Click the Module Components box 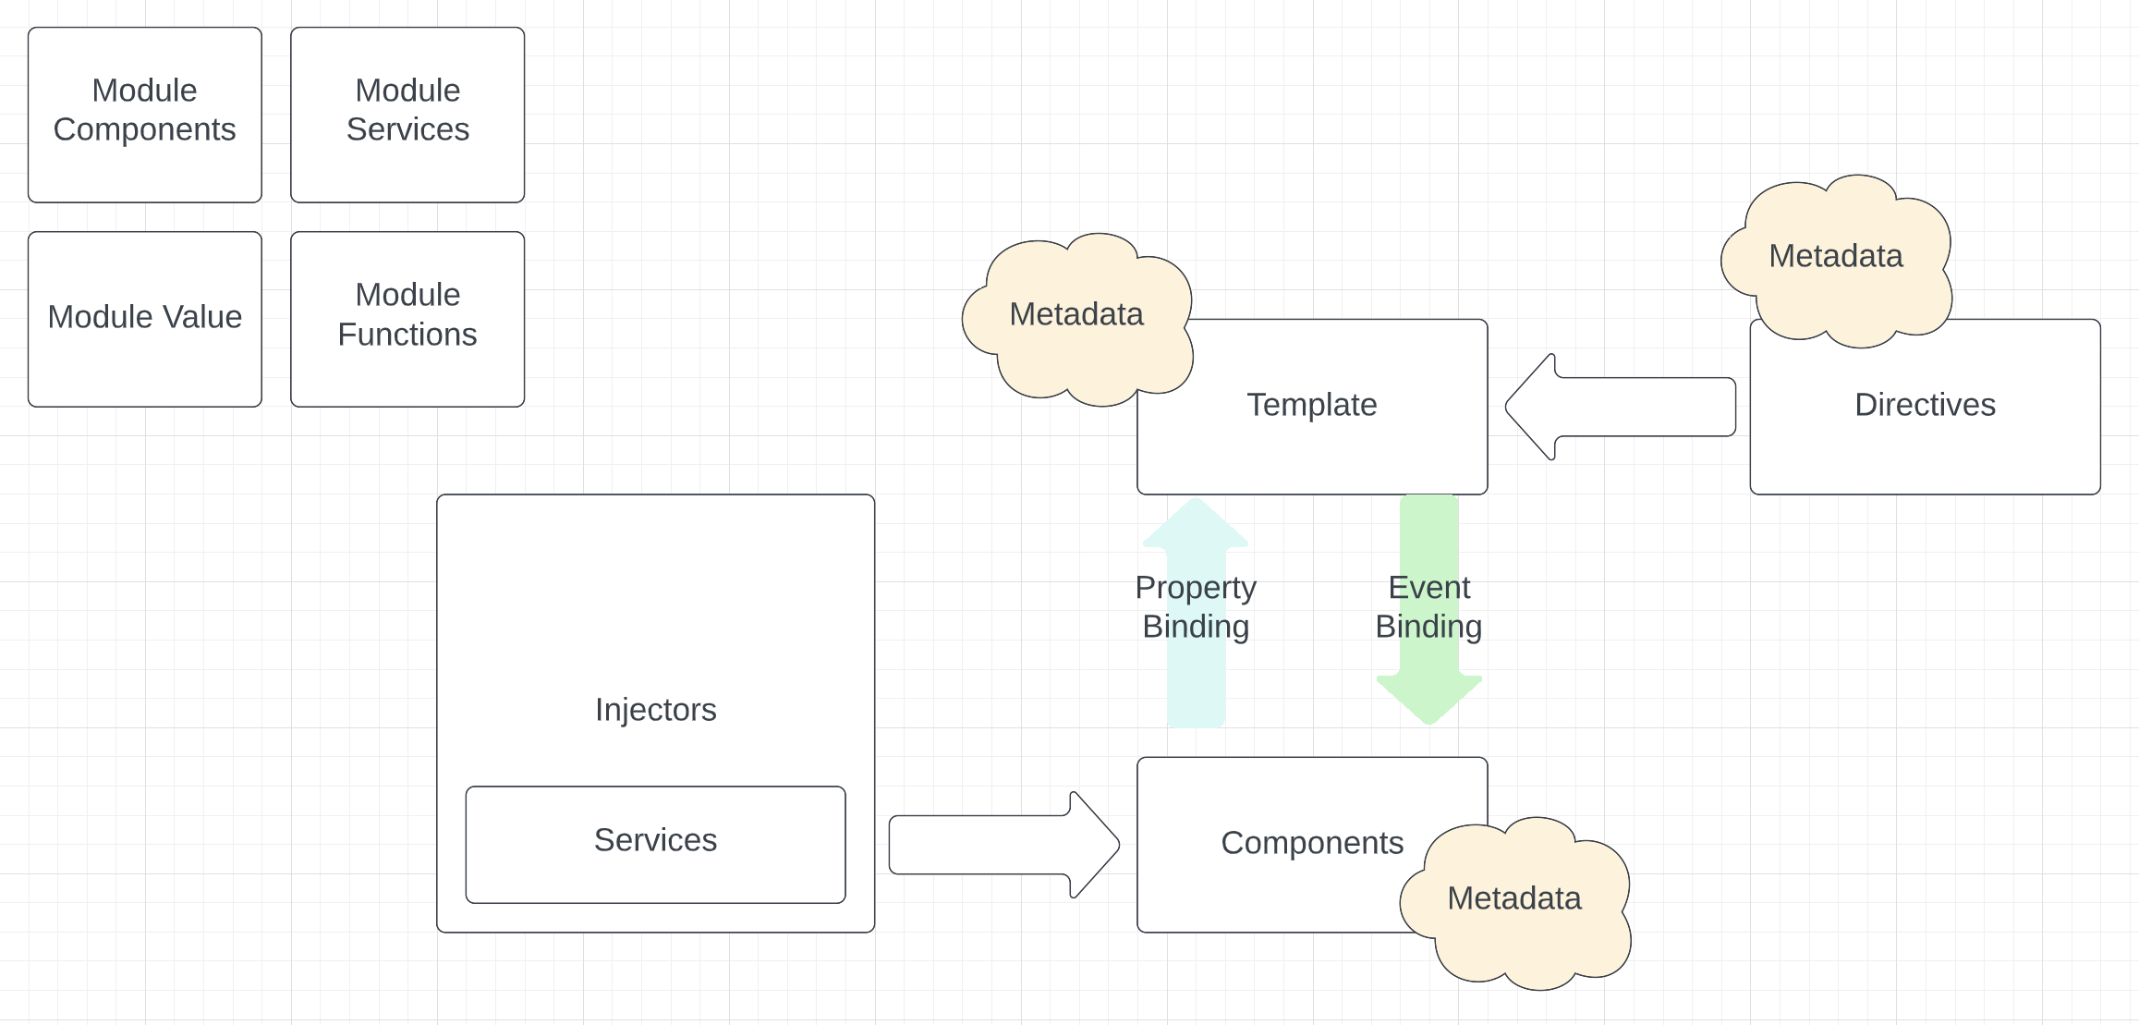coord(144,115)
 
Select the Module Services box coord(407,115)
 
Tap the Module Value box coord(144,318)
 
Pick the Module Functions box coord(407,318)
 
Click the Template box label coord(1311,405)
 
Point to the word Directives coord(1925,405)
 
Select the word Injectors coord(655,710)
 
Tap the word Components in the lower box coord(1311,843)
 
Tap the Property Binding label coord(1196,607)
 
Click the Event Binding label coord(1428,607)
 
